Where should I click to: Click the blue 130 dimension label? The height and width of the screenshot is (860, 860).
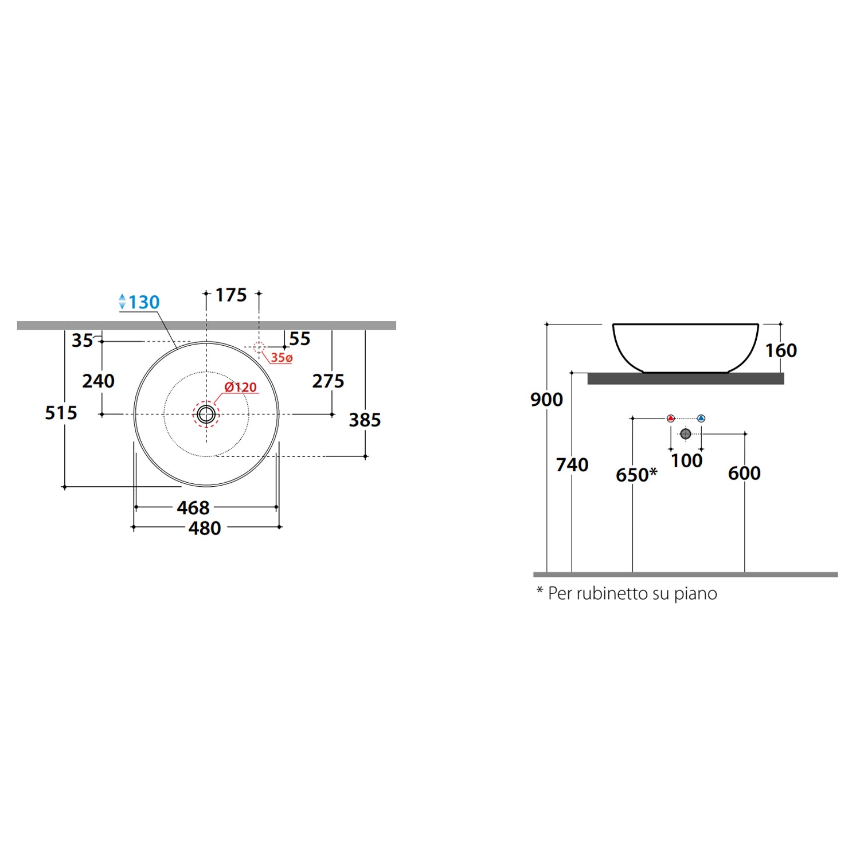[144, 302]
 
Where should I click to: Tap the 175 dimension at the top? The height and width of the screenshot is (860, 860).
[231, 295]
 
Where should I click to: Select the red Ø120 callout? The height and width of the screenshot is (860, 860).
[241, 387]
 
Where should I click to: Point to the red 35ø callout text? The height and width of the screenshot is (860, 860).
[282, 358]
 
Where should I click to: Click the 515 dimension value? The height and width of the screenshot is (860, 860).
[61, 413]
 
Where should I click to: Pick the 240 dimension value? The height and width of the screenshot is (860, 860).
[98, 381]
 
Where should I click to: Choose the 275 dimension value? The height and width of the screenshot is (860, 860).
[328, 381]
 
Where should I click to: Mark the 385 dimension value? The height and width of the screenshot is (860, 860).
[365, 420]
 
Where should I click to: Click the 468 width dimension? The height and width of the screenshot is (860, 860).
[193, 507]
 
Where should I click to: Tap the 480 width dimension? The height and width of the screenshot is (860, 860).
[205, 528]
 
